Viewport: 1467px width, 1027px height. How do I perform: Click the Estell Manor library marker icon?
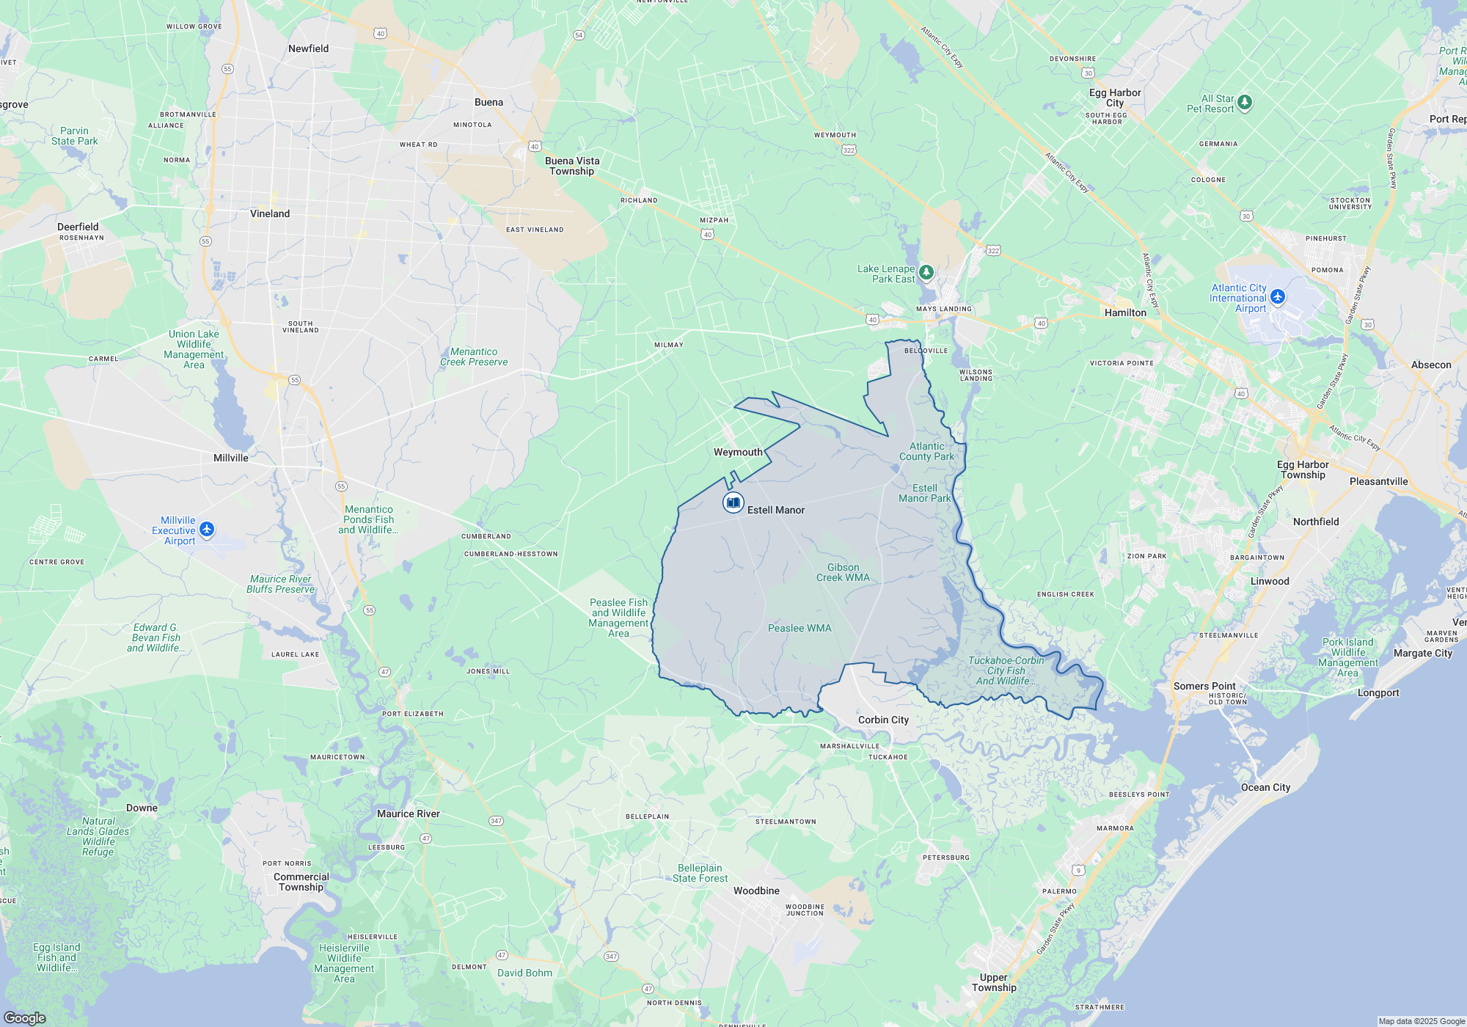pos(733,502)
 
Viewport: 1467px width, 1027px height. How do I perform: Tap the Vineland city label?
pos(270,213)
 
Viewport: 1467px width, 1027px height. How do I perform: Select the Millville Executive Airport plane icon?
pos(207,529)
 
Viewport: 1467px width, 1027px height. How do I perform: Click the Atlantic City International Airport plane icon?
pos(1278,296)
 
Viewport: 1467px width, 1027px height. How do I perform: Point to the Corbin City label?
pos(883,720)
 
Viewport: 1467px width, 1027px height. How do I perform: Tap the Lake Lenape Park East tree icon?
pos(926,273)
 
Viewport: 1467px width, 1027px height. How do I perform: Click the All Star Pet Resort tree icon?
pos(1245,103)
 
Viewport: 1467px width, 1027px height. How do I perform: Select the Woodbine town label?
pos(756,891)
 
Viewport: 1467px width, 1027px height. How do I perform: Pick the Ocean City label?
pos(1265,787)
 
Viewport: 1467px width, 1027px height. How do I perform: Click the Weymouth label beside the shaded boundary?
pos(738,452)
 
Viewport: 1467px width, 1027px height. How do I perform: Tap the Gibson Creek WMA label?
pos(843,572)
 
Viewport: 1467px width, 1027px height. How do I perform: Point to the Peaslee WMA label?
pos(800,628)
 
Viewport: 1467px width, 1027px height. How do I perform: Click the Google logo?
pos(25,1017)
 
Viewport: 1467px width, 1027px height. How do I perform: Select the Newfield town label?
pos(308,48)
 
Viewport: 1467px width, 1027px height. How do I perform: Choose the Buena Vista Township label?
pos(572,166)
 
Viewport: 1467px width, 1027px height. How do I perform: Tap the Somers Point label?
pos(1204,686)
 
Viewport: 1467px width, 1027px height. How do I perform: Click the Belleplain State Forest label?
pos(700,873)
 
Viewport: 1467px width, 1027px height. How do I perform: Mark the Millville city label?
pos(230,458)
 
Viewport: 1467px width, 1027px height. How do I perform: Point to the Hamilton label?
pos(1125,313)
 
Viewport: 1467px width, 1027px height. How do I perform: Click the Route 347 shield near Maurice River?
pos(496,821)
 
